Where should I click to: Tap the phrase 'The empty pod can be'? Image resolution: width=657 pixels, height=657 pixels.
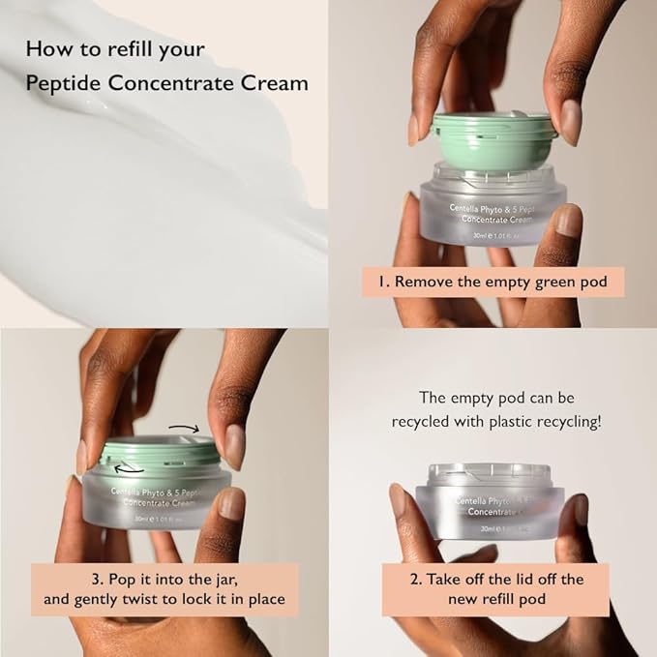495,397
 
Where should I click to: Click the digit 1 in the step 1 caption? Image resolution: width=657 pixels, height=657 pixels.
384,283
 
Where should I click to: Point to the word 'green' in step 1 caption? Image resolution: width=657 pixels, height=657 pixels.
554,283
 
